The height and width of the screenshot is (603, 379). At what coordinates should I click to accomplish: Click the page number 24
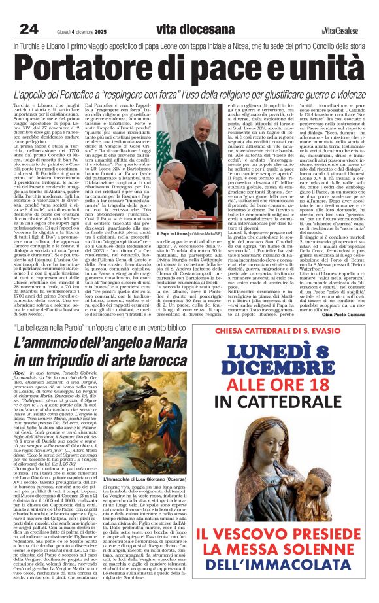(29, 29)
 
